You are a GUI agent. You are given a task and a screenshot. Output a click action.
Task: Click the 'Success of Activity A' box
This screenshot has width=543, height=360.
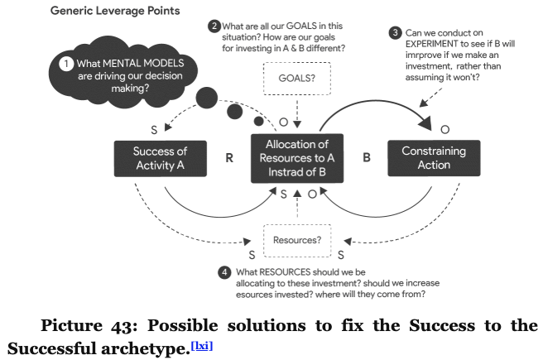click(161, 159)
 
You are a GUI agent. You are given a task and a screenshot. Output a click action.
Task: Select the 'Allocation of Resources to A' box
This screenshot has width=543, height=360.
click(297, 158)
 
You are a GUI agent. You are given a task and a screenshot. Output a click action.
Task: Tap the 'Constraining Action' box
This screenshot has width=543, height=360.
click(434, 158)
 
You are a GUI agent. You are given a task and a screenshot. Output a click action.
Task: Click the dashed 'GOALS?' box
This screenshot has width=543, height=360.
click(297, 79)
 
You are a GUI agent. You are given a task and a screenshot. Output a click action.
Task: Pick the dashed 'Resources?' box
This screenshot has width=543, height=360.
click(297, 240)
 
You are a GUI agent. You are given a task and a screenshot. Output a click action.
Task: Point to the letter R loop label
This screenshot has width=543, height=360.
click(229, 158)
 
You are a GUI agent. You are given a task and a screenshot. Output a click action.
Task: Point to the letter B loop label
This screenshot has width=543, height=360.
click(367, 157)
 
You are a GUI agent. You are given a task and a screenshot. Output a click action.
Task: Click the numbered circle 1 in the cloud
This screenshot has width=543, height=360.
click(65, 64)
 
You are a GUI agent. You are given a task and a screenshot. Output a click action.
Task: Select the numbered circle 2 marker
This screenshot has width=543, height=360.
click(214, 26)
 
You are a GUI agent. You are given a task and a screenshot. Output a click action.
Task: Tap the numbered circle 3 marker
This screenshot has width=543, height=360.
click(395, 33)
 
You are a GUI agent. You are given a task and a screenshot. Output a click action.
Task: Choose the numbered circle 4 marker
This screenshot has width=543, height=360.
click(224, 272)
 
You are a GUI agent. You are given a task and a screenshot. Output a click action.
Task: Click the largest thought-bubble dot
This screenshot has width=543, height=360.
click(207, 98)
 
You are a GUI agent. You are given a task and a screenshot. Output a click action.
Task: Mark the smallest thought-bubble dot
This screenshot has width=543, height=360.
click(258, 121)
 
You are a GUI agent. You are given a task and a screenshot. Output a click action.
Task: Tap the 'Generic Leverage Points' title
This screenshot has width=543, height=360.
click(115, 11)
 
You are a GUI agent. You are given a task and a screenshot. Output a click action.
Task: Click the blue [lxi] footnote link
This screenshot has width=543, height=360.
click(202, 346)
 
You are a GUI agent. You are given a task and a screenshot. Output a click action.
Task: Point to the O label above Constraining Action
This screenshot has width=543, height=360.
click(445, 129)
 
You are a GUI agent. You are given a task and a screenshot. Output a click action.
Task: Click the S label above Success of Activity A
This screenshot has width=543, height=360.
click(154, 130)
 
